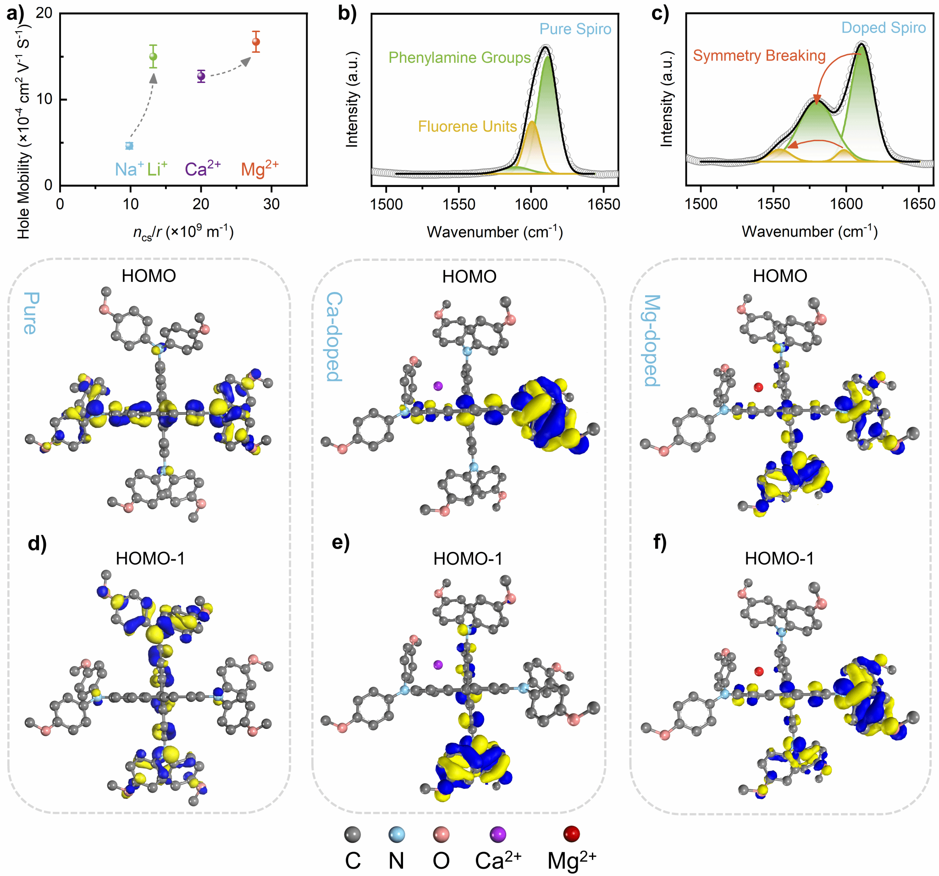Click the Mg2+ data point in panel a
click(x=256, y=42)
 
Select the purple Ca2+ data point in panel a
click(x=201, y=76)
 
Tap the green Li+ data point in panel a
click(x=153, y=57)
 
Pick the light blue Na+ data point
click(x=129, y=146)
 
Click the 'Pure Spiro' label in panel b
click(x=575, y=29)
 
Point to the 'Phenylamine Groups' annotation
click(x=459, y=58)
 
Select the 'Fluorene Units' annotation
click(x=467, y=127)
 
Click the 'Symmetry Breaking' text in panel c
click(x=759, y=56)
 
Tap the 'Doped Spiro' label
click(x=883, y=28)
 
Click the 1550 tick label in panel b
click(x=458, y=204)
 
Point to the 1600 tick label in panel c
click(x=846, y=204)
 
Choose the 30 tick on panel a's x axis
click(x=271, y=204)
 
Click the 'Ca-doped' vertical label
click(x=334, y=336)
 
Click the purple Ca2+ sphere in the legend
click(x=498, y=834)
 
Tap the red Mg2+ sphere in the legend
click(x=572, y=833)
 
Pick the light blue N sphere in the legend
click(x=396, y=834)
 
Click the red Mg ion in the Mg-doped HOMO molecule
click(x=758, y=387)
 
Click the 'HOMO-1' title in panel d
click(x=150, y=559)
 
